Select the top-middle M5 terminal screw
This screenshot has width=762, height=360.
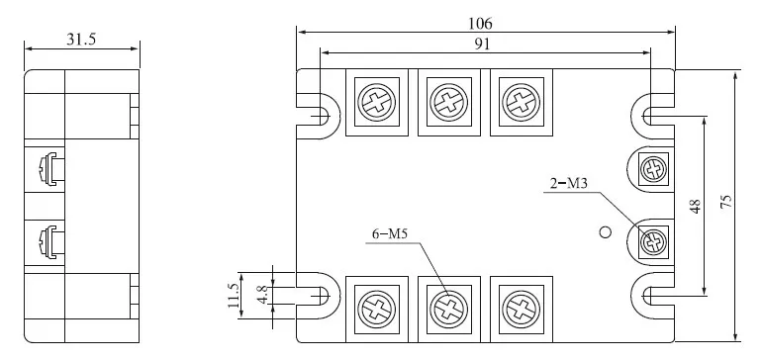pyautogui.click(x=446, y=102)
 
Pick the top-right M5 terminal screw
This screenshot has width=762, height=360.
pyautogui.click(x=517, y=102)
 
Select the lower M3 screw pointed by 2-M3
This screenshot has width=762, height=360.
pyautogui.click(x=651, y=238)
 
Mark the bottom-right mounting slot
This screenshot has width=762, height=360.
pyautogui.click(x=653, y=294)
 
